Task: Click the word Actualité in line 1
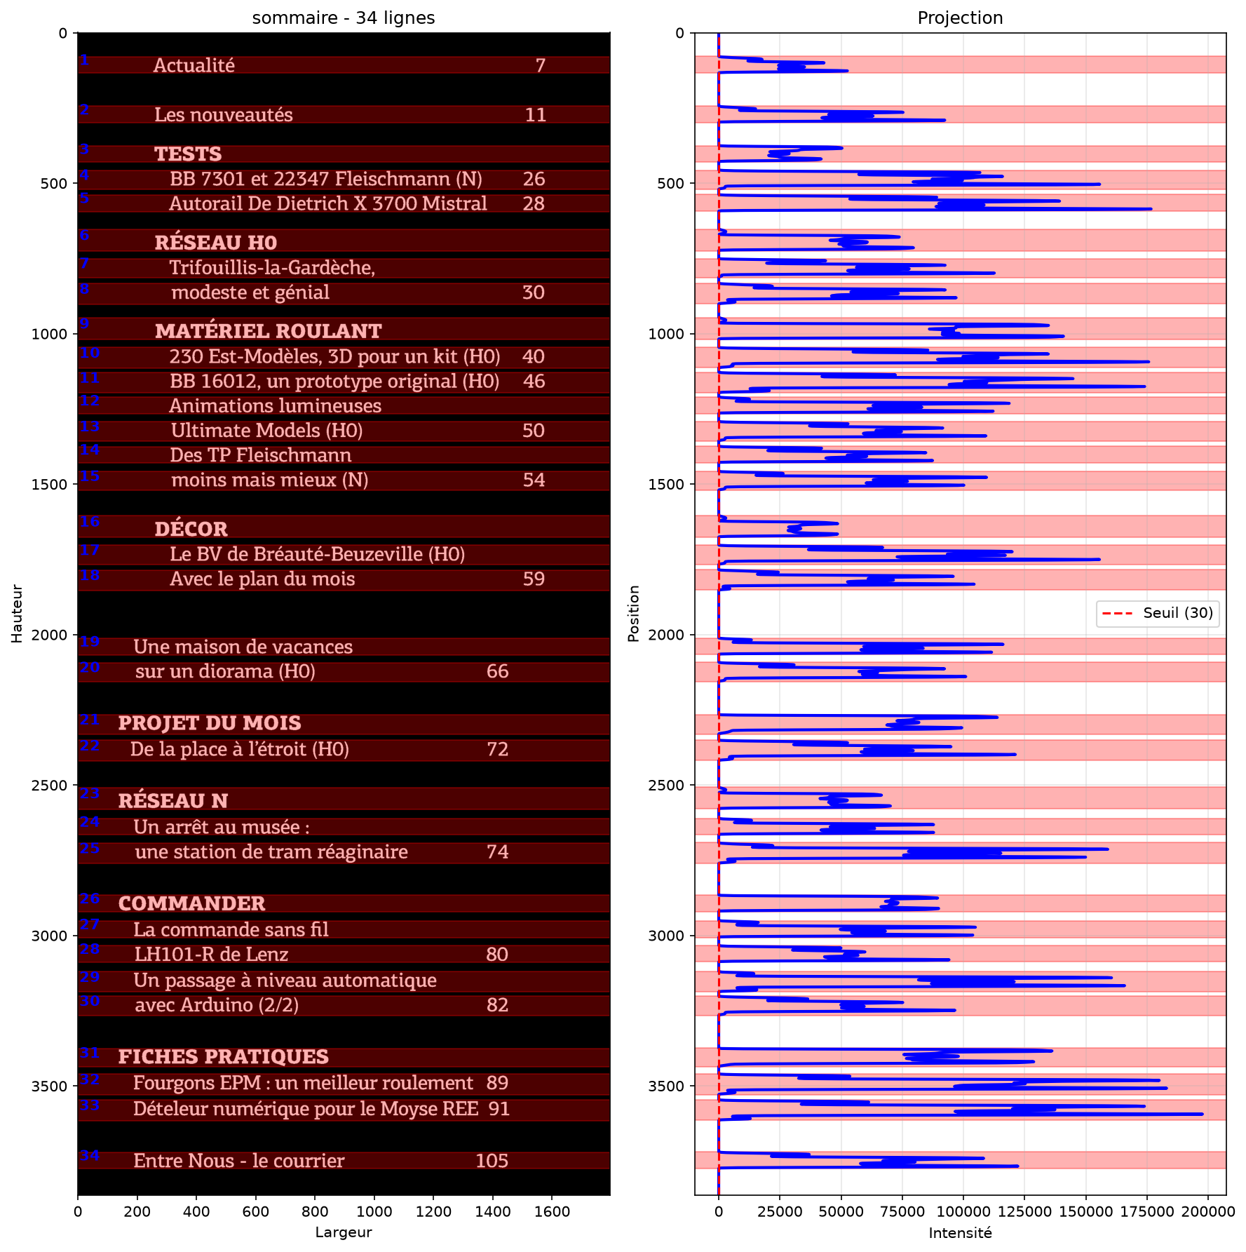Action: [x=194, y=65]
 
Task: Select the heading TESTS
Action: [x=188, y=154]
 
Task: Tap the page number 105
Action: [x=492, y=1161]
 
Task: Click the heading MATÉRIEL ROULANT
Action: [x=269, y=331]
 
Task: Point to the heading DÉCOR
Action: [x=191, y=529]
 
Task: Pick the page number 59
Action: [x=534, y=579]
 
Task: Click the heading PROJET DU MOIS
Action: [x=210, y=723]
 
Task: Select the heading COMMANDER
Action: [x=192, y=903]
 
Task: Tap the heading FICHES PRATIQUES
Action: [x=224, y=1056]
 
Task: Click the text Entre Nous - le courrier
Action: [x=239, y=1161]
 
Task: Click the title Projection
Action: [x=960, y=18]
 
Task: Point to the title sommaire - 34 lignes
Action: [x=344, y=18]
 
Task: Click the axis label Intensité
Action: [x=960, y=1232]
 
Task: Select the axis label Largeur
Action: [x=344, y=1232]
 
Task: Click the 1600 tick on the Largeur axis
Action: [x=552, y=1211]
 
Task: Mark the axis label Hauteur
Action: [x=18, y=614]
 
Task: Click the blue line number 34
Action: [x=89, y=1155]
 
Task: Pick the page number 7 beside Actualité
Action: [x=541, y=65]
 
